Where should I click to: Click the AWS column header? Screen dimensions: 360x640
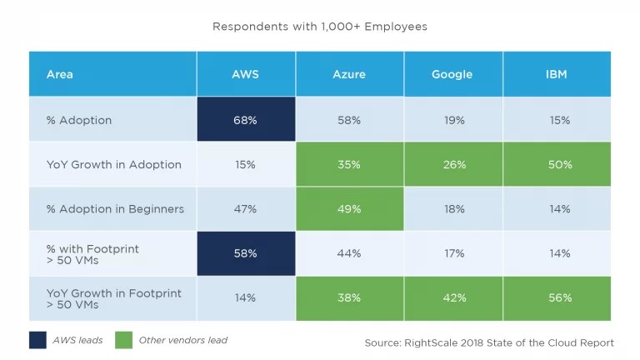pos(245,74)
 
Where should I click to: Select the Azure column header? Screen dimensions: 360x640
pos(349,74)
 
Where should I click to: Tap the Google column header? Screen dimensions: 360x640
pos(454,74)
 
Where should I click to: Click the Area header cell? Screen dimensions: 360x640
pos(60,74)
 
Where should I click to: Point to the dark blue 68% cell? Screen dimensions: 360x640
pos(245,120)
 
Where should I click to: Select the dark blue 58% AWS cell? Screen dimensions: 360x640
pos(245,253)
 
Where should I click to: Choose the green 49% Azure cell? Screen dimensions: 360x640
pos(349,209)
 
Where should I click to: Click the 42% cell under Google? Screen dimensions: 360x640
pos(454,297)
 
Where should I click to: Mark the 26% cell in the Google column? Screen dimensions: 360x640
pos(454,165)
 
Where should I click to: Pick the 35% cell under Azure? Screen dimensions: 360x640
pos(349,165)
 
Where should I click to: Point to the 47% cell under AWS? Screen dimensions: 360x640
pos(245,209)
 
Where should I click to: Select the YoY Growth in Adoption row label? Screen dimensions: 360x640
pos(113,165)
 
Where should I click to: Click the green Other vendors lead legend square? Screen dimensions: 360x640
pos(125,339)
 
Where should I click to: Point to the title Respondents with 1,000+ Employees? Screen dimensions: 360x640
pos(320,27)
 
